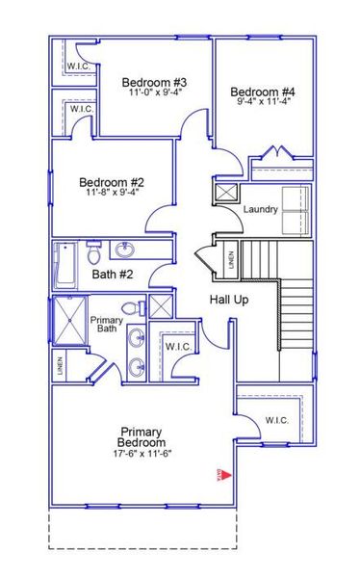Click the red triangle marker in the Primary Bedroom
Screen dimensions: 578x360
[219, 474]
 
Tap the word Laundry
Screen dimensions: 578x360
[261, 210]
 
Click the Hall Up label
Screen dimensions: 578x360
[229, 300]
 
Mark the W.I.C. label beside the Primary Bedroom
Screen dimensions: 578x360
[277, 420]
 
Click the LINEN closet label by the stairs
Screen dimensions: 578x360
[230, 259]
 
